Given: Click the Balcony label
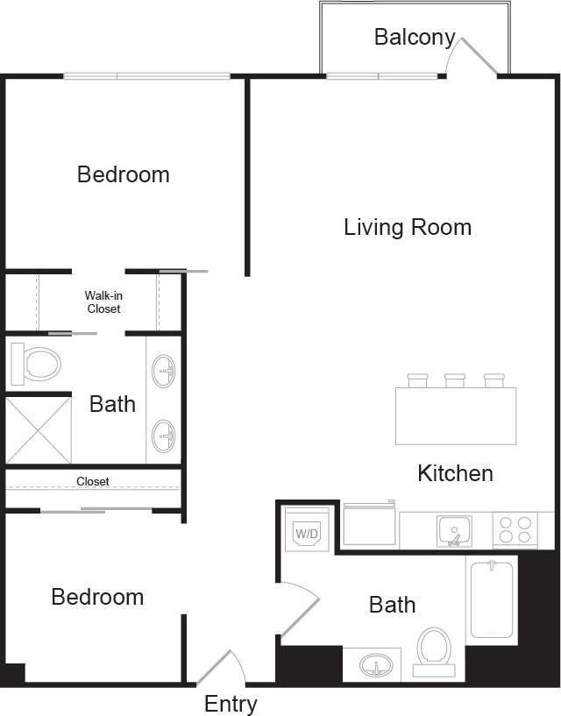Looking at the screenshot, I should coord(415,37).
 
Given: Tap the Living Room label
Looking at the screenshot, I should coord(408,228).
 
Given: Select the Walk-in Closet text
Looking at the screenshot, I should coord(103,302).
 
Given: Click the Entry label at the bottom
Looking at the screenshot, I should coord(231,704).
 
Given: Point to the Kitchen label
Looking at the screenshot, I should coord(455,474).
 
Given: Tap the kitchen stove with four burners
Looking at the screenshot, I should coord(515,530).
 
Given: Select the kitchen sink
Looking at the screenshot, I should coord(454,531).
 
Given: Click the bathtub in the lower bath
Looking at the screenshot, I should coord(491,599).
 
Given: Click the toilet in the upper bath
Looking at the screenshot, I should coord(38,364).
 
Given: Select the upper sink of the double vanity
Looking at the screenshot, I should coord(164,371).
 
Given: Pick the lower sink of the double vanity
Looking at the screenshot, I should coord(164,432).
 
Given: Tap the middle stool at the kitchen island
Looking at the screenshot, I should coord(455,379).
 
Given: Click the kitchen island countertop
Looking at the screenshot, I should coord(455,415).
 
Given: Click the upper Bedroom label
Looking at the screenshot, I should coord(124,174).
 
